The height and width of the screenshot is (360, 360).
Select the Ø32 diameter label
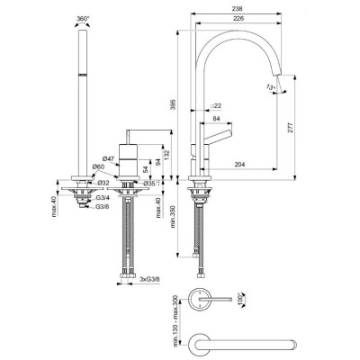(x=103, y=184)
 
